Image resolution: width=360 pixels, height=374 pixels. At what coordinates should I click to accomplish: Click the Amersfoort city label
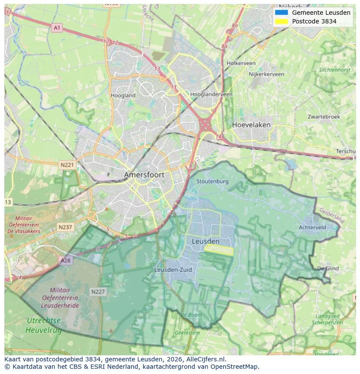[144, 175]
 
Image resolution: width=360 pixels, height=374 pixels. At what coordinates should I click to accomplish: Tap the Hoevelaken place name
[251, 125]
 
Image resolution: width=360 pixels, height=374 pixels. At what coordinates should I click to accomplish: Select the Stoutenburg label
[212, 181]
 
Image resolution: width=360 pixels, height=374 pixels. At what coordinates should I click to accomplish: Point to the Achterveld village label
[312, 227]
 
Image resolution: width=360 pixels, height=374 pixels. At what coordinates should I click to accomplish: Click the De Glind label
[328, 268]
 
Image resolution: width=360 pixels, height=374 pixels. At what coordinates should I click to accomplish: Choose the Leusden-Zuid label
[173, 270]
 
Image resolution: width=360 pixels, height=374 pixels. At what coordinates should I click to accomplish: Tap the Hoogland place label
[123, 96]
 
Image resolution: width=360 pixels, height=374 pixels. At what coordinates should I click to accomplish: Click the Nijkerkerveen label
[266, 74]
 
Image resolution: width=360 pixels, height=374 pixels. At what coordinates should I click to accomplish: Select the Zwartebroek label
[323, 117]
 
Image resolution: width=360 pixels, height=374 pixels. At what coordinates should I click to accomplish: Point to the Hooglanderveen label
[211, 94]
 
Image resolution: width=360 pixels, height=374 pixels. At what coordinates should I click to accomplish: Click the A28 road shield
[65, 260]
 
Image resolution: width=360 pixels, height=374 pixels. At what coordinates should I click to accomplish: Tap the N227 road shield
[98, 291]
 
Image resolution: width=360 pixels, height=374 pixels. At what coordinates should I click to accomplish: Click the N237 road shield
[66, 227]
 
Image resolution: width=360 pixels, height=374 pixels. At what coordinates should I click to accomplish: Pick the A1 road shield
[57, 28]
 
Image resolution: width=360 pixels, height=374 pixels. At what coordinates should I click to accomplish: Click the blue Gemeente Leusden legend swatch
[281, 13]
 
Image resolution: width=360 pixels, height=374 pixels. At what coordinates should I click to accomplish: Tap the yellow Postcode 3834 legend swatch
[281, 21]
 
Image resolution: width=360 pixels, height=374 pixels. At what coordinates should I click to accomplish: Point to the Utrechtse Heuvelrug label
[43, 325]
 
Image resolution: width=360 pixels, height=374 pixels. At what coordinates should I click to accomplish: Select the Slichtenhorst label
[334, 70]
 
